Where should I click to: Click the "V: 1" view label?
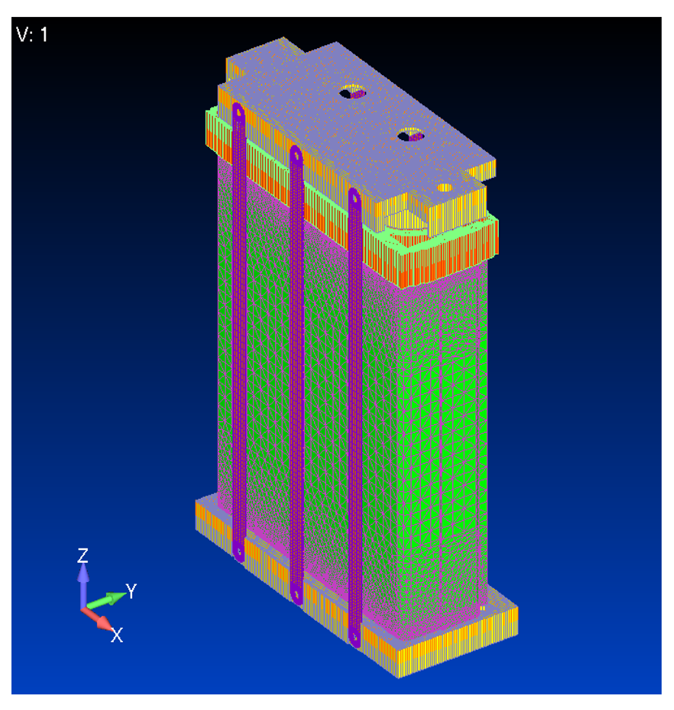[32, 35]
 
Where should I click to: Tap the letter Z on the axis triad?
[83, 555]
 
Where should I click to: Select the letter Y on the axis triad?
[131, 591]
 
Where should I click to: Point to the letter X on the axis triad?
[117, 635]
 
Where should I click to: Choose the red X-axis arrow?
[97, 619]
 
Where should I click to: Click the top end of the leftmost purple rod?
[238, 108]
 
